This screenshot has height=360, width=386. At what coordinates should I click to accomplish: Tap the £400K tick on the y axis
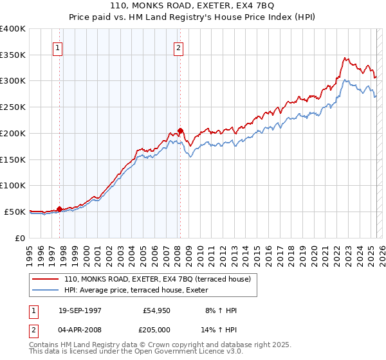[x=13, y=29]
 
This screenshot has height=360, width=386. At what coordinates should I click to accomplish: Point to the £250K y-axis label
[x=13, y=107]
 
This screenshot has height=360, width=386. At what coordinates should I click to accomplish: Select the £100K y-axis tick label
[x=13, y=185]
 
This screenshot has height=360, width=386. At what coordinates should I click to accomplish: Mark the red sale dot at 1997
[x=60, y=209]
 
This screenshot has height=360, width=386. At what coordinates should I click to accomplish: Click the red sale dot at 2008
[x=180, y=130]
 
